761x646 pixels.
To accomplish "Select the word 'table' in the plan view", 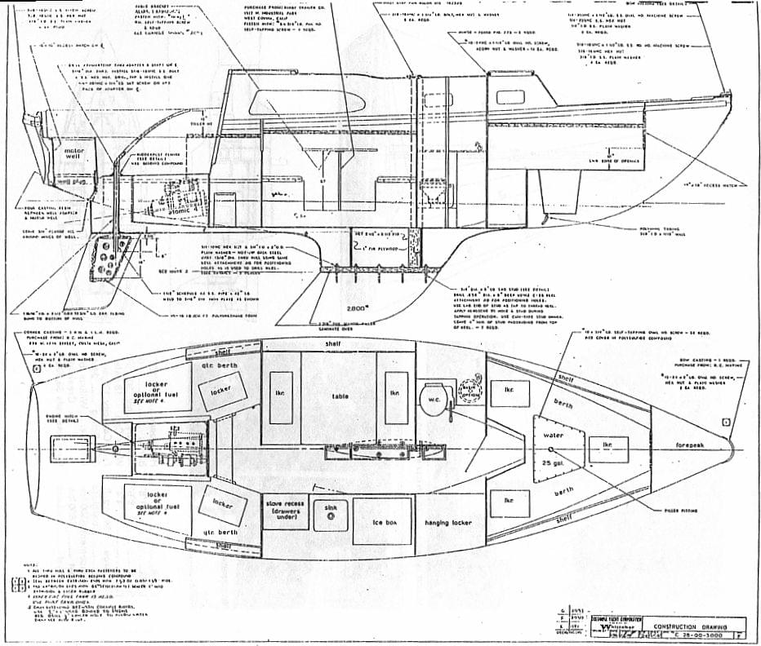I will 340,397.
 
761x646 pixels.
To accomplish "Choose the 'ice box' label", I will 381,521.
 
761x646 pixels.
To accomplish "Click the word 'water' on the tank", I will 553,435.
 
